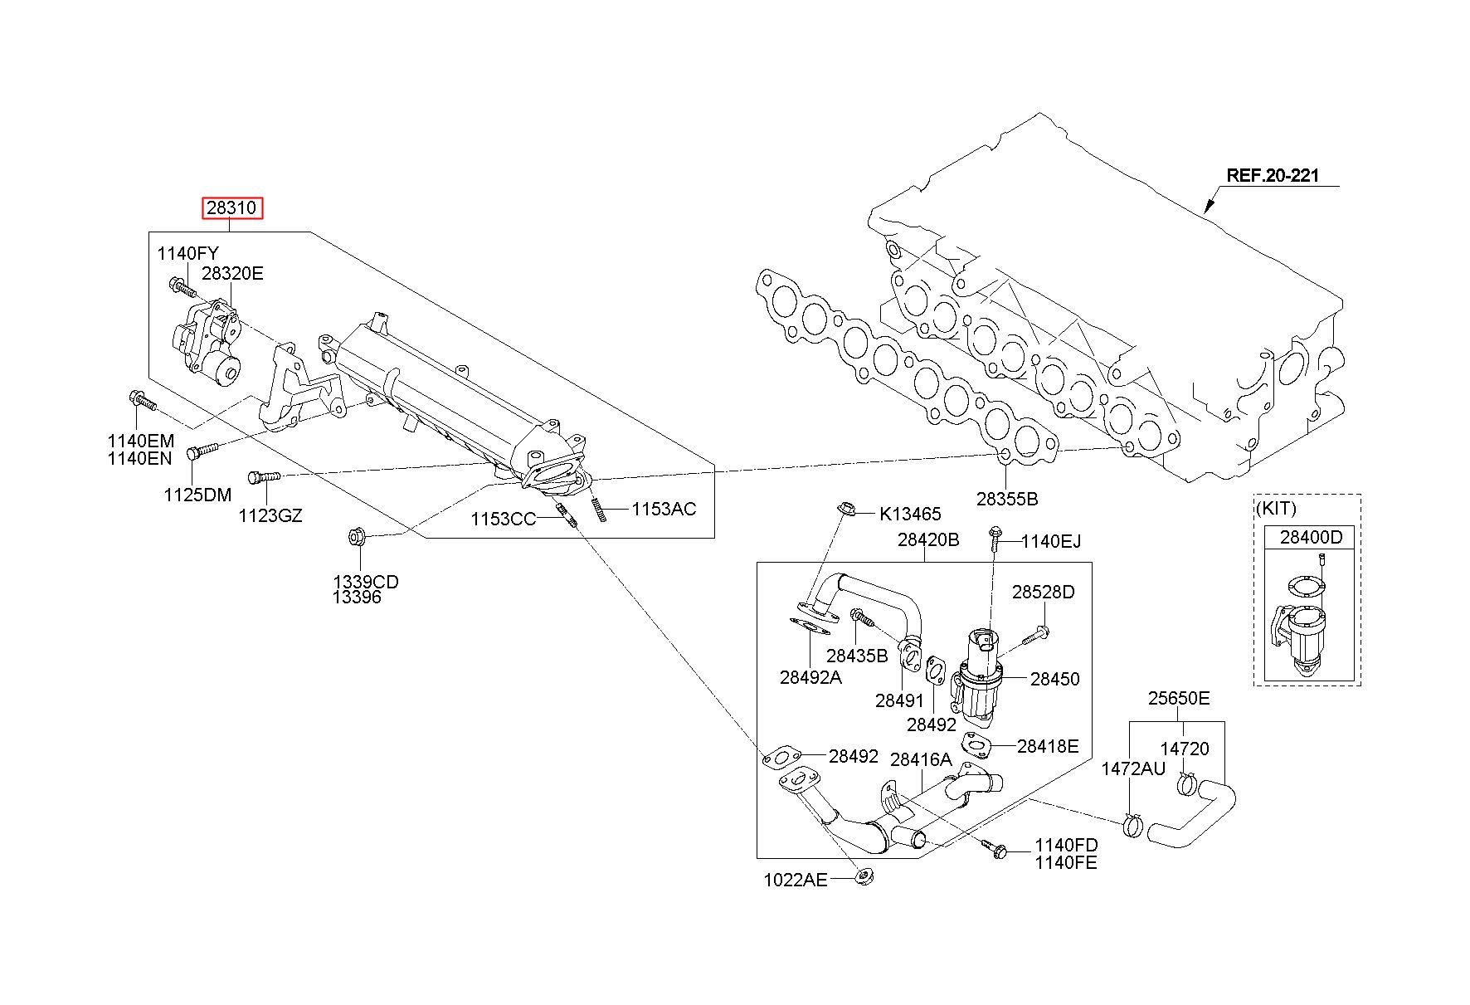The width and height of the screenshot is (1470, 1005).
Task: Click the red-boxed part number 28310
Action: (233, 207)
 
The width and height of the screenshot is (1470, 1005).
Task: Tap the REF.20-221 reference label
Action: (1273, 176)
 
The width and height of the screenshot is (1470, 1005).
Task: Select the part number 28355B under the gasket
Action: (1006, 500)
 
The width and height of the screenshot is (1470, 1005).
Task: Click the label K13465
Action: (910, 515)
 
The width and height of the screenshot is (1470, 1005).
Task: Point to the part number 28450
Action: (1055, 679)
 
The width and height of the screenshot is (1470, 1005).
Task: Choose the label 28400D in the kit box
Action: (1311, 537)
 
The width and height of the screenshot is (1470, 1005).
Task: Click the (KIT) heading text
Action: (1276, 509)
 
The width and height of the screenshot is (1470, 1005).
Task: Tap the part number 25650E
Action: (1179, 699)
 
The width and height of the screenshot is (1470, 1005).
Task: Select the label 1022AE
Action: (796, 880)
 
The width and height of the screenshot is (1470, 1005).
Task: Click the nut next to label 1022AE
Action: (862, 876)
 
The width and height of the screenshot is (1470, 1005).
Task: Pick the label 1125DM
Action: (197, 495)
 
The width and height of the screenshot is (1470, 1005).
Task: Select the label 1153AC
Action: (664, 509)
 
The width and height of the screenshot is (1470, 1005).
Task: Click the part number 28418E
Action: (1048, 746)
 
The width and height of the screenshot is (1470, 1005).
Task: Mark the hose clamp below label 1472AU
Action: (1132, 827)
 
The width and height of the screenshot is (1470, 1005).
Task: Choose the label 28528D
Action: (1043, 592)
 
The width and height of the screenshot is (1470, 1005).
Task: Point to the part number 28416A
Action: (921, 759)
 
